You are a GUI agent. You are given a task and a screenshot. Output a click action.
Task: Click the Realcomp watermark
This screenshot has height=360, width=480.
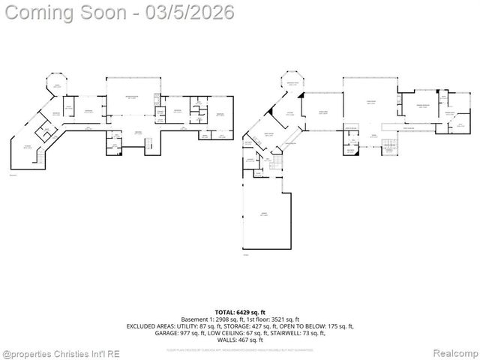(x=454, y=352)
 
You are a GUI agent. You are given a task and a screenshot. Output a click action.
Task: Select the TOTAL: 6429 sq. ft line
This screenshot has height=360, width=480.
(x=240, y=311)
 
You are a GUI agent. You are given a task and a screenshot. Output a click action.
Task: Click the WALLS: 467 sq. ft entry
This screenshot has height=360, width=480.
(x=240, y=340)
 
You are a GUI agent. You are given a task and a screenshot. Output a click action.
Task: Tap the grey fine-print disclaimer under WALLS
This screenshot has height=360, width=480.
(x=240, y=349)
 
